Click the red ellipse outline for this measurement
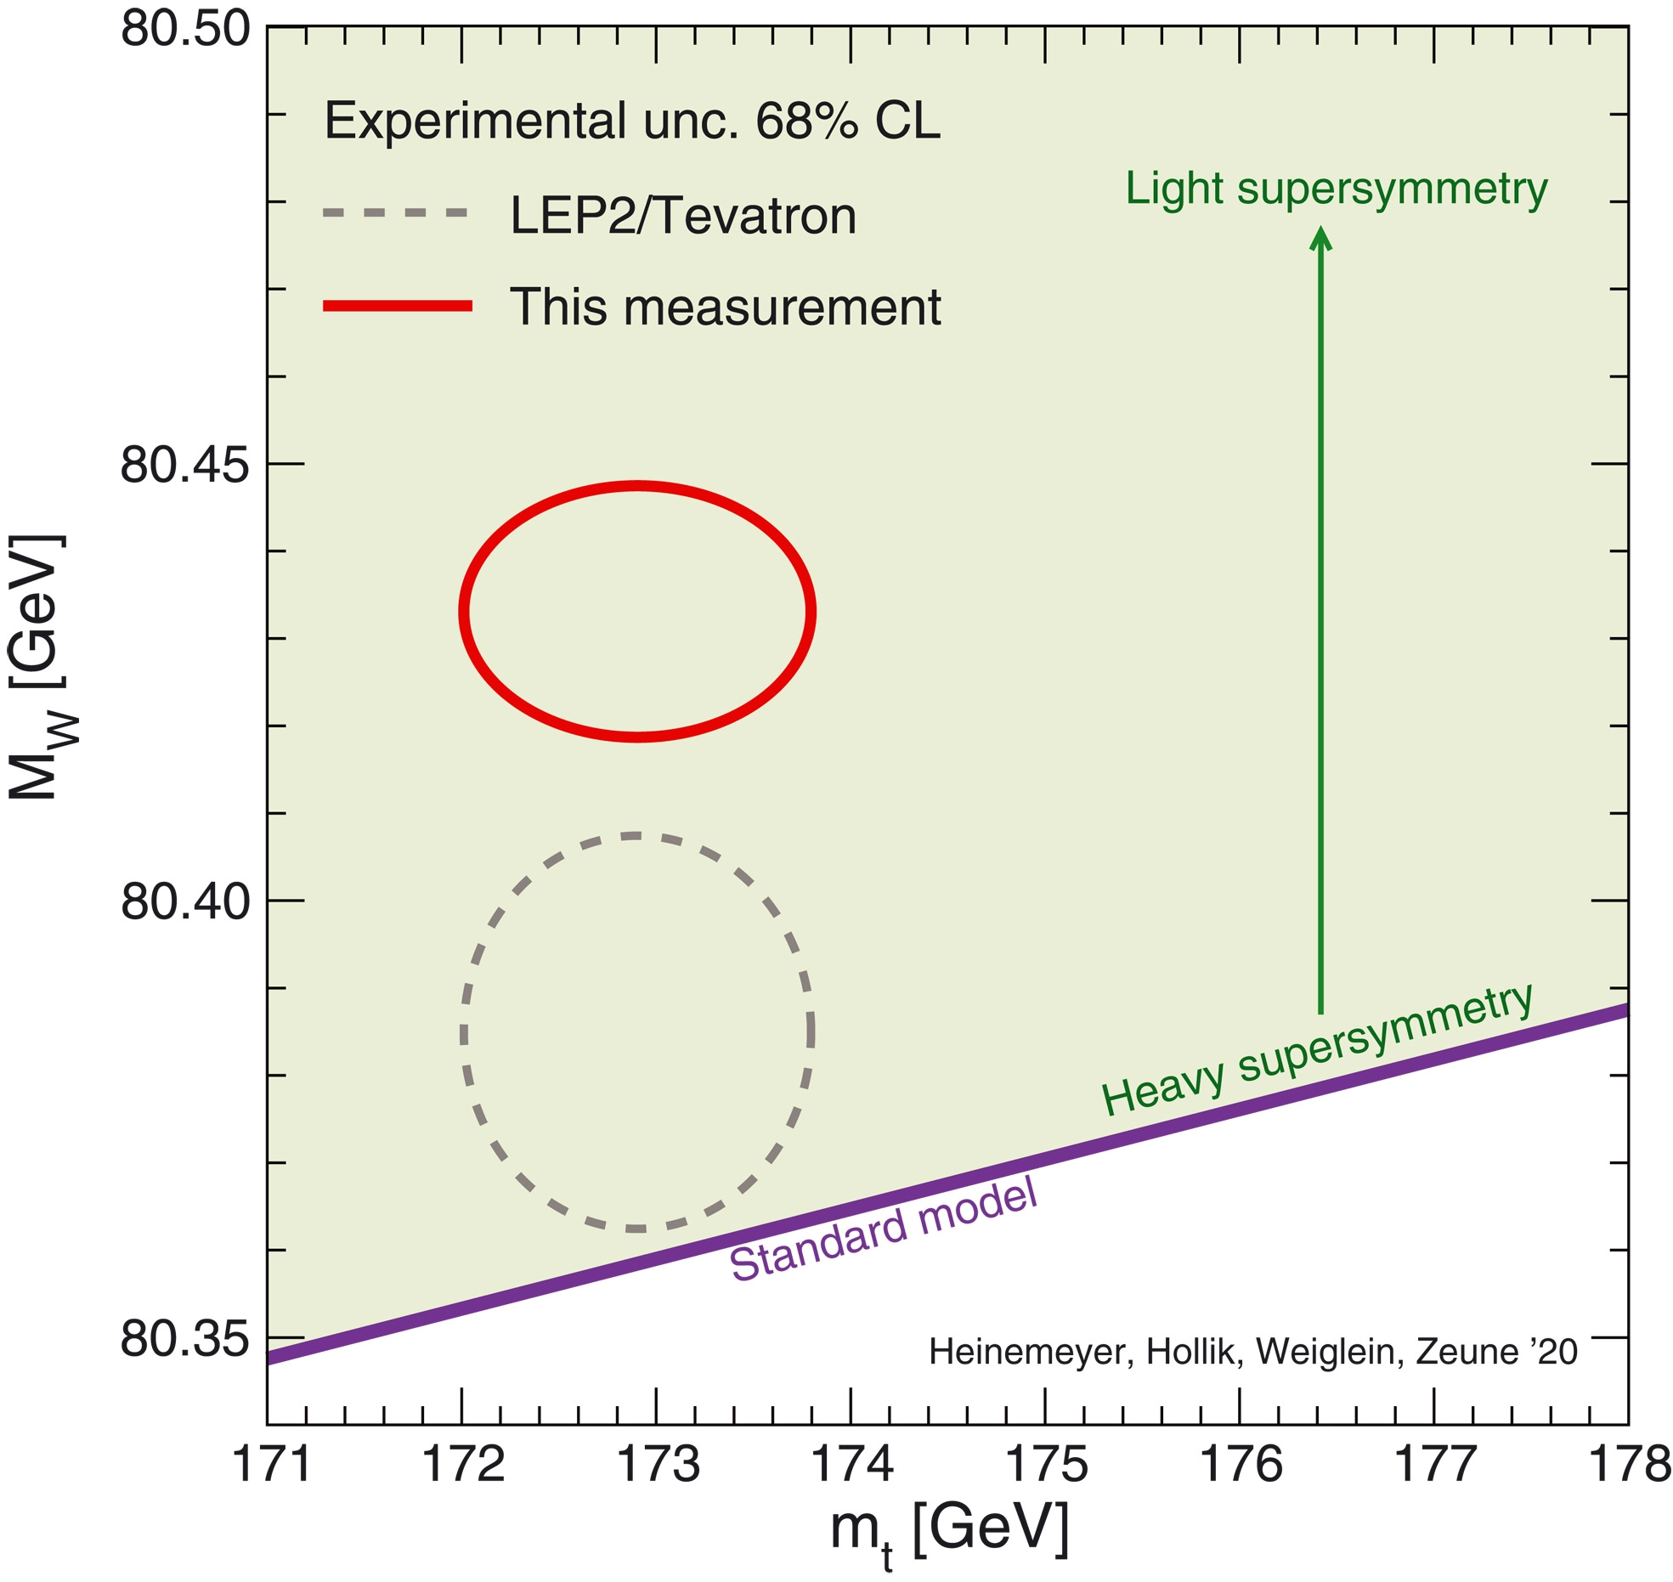click(637, 487)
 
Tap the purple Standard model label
click(884, 1231)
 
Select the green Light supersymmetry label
click(1337, 189)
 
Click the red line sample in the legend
click(397, 306)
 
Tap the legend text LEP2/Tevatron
click(683, 216)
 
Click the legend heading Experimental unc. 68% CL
click(632, 121)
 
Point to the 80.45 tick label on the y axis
click(185, 465)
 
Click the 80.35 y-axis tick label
click(185, 1339)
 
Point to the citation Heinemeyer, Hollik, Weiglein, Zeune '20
click(1252, 1351)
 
